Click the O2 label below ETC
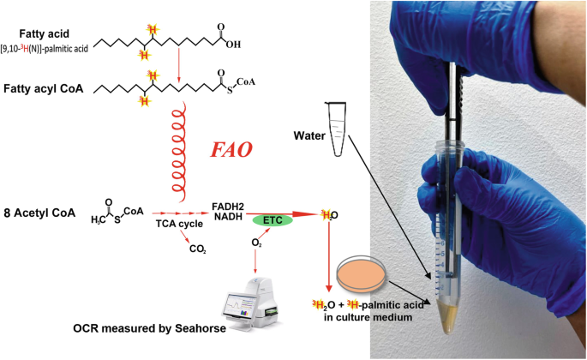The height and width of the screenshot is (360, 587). coord(256,243)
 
